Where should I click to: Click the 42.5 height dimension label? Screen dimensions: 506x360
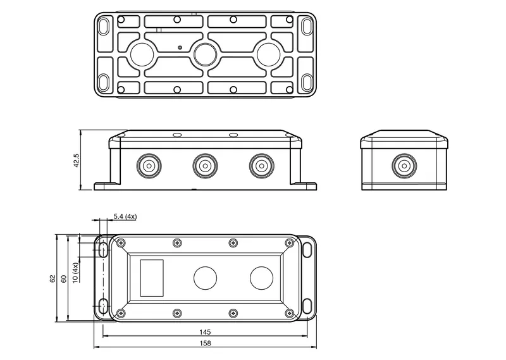pyautogui.click(x=77, y=160)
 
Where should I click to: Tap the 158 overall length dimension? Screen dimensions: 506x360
pyautogui.click(x=205, y=343)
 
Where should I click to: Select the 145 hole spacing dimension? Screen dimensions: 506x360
pyautogui.click(x=205, y=332)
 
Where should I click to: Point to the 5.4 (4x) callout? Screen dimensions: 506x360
pyautogui.click(x=125, y=216)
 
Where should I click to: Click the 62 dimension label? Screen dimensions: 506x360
pyautogui.click(x=52, y=279)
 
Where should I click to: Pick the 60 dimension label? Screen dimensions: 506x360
pyautogui.click(x=64, y=279)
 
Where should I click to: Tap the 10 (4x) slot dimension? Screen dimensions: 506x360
pyautogui.click(x=75, y=273)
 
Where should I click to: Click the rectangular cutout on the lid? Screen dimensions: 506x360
pyautogui.click(x=152, y=278)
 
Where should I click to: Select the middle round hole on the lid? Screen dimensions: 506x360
pyautogui.click(x=205, y=278)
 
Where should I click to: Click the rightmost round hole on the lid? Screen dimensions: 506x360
pyautogui.click(x=261, y=278)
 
